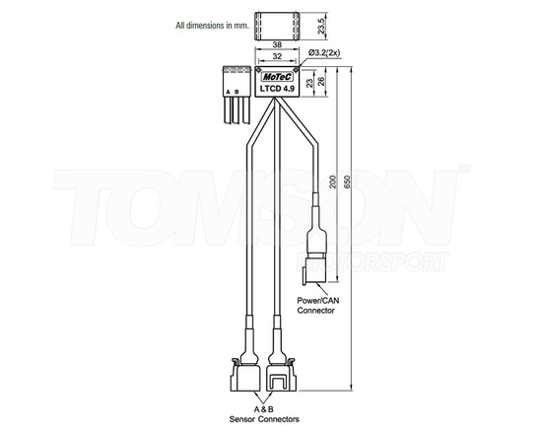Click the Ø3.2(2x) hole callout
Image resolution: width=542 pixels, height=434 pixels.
pos(325,51)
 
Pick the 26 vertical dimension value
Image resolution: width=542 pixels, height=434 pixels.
pos(318,81)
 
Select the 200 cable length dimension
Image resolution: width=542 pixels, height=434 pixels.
pos(334,183)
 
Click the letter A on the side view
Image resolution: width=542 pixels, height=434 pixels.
pos(228,92)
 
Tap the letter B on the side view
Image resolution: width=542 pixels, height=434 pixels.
pos(237,92)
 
